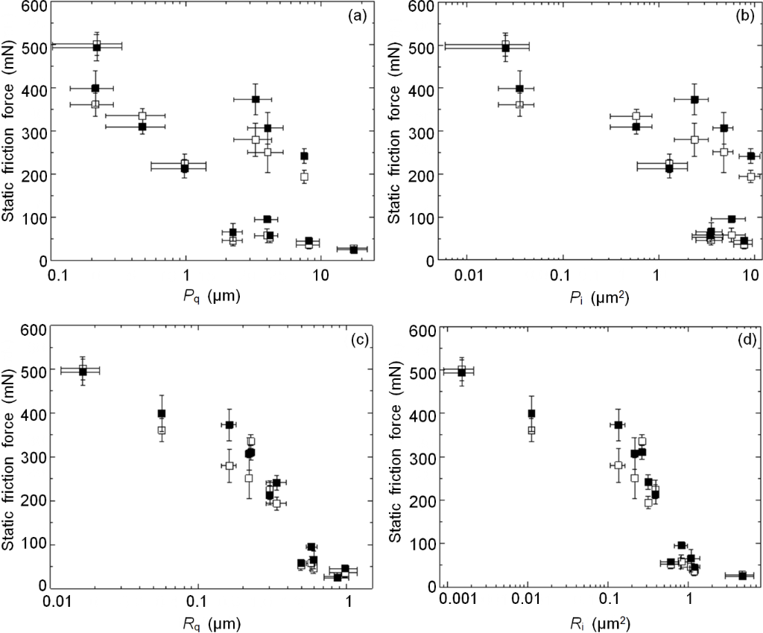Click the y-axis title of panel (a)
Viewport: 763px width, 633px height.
tap(11, 133)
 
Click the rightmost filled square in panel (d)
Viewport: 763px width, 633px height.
tap(742, 575)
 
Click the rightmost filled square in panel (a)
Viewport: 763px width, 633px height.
tap(353, 249)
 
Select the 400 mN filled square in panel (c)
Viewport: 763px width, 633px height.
tap(162, 413)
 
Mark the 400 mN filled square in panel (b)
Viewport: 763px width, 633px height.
tap(520, 89)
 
